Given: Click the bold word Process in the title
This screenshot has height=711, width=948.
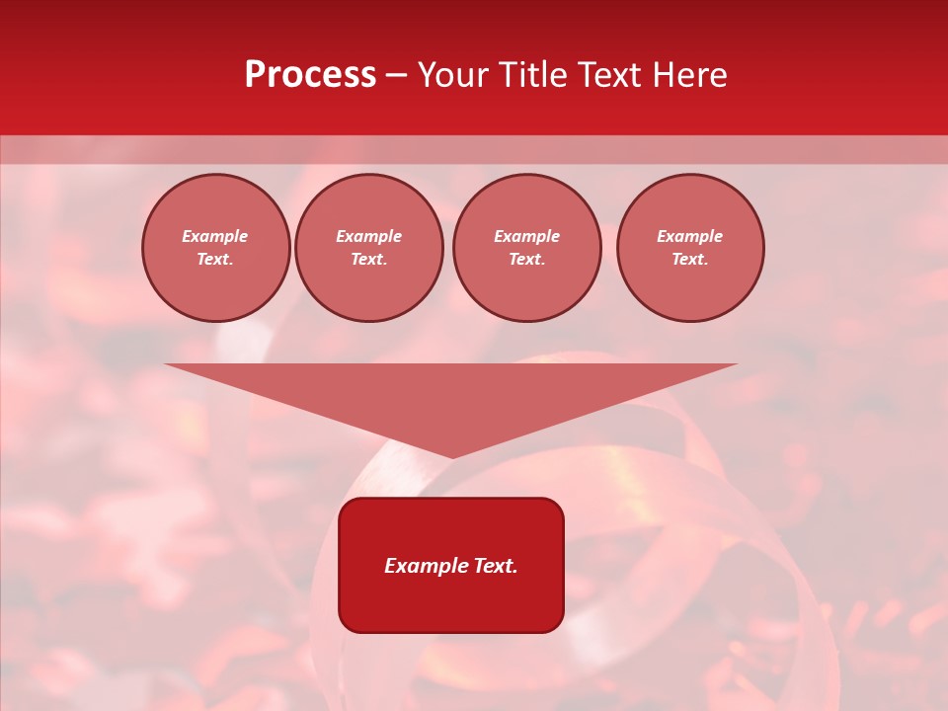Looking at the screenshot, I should pos(310,75).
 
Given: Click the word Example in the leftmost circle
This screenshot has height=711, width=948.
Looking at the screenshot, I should pos(215,236).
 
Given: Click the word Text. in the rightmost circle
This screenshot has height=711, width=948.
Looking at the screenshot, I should pos(690,259).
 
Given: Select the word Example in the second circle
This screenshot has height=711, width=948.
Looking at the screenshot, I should pos(369,236).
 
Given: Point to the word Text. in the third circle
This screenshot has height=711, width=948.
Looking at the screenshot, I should pos(527,259).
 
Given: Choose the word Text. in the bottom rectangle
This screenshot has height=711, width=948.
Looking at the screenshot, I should pos(494,566).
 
